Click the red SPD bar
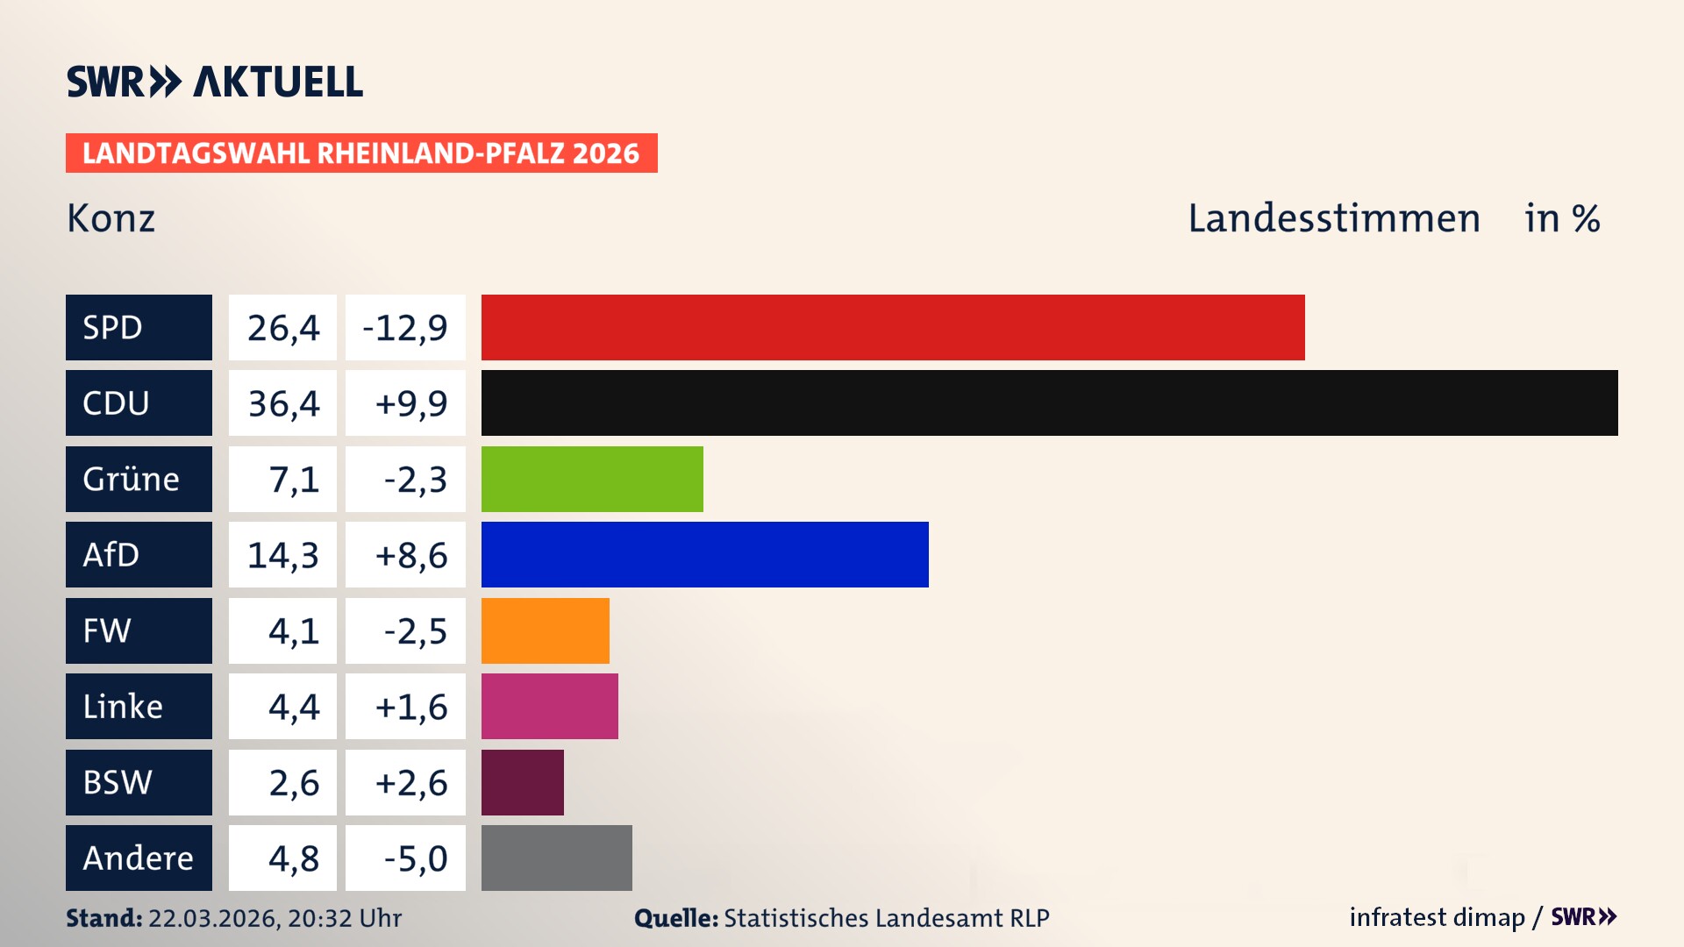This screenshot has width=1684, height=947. (x=893, y=327)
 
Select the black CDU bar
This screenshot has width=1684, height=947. (x=1049, y=403)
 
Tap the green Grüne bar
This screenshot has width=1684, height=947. (x=592, y=479)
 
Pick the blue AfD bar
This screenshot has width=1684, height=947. (x=704, y=554)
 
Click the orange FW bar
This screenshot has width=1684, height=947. (x=545, y=630)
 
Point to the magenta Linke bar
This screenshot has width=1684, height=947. (x=549, y=706)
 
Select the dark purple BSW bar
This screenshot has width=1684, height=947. (x=522, y=782)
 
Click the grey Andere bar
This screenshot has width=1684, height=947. (x=556, y=858)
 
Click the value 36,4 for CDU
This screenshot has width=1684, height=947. (x=282, y=403)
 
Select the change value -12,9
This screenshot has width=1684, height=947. (x=405, y=327)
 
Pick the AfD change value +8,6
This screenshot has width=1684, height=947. (x=410, y=554)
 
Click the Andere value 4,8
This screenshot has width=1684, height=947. (x=293, y=858)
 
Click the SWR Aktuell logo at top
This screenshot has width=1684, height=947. (x=214, y=82)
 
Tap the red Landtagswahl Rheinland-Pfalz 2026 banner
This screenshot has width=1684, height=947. (x=360, y=153)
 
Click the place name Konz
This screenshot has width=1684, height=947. (x=111, y=218)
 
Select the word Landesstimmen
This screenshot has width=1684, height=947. (x=1333, y=218)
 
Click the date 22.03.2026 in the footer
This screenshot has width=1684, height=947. (x=212, y=918)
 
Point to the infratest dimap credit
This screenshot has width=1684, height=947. (x=1437, y=917)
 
